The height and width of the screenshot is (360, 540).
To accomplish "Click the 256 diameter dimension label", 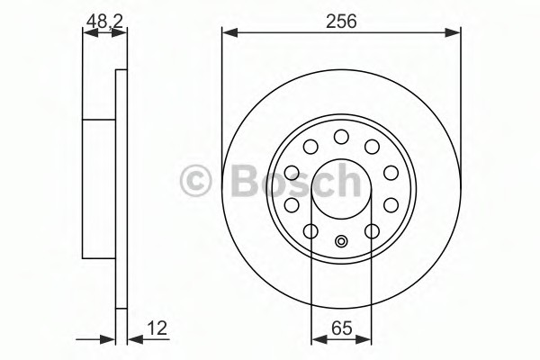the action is pyautogui.click(x=341, y=22).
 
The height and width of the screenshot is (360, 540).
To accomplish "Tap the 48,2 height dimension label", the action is pyautogui.click(x=104, y=22).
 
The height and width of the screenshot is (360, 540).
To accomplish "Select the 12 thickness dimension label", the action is pyautogui.click(x=157, y=328).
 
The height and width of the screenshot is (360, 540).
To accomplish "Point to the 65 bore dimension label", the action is pyautogui.click(x=342, y=328).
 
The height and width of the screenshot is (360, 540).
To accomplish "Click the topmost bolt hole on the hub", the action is pyautogui.click(x=341, y=137).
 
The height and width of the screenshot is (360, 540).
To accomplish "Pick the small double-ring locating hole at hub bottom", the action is pyautogui.click(x=341, y=241).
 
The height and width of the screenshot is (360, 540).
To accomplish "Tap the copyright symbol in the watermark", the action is pyautogui.click(x=195, y=181).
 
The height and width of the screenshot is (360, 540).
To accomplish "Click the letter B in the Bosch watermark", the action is pyautogui.click(x=246, y=181).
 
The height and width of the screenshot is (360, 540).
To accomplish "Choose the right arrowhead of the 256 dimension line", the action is pyautogui.click(x=453, y=32).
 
